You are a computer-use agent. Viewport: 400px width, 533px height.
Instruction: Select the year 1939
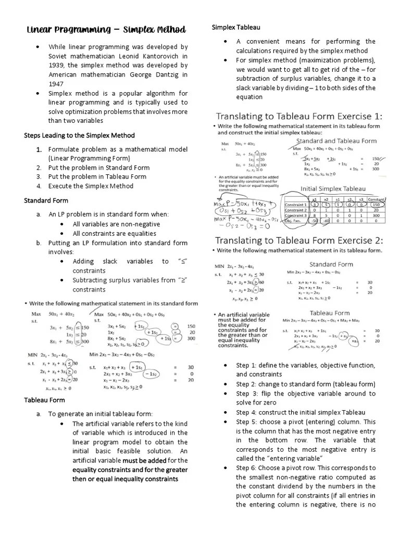click(x=57, y=65)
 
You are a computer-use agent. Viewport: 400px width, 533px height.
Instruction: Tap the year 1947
click(x=57, y=84)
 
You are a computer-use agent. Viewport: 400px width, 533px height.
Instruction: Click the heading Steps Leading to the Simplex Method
click(x=79, y=135)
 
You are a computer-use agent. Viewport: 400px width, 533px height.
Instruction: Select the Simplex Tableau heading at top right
click(x=236, y=27)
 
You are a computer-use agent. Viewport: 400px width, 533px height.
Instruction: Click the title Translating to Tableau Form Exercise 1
click(x=299, y=116)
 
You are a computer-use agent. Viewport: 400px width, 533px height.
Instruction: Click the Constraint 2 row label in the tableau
click(x=295, y=210)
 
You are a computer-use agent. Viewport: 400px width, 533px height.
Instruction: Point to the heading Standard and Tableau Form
click(x=336, y=141)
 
